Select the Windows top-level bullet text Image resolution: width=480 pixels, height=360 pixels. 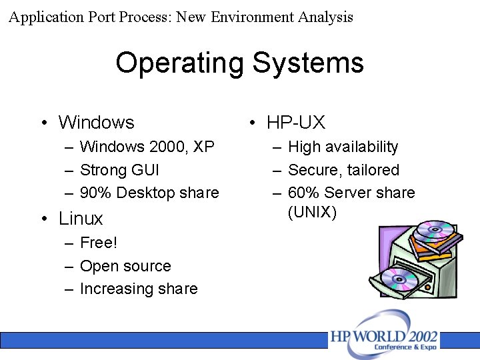click(x=96, y=123)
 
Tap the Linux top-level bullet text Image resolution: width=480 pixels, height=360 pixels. click(x=81, y=219)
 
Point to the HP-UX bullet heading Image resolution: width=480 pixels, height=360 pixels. click(x=295, y=123)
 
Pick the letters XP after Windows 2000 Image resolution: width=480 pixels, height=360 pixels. click(x=203, y=147)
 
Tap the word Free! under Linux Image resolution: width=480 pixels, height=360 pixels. click(x=98, y=243)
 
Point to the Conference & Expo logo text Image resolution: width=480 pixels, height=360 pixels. click(x=405, y=347)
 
